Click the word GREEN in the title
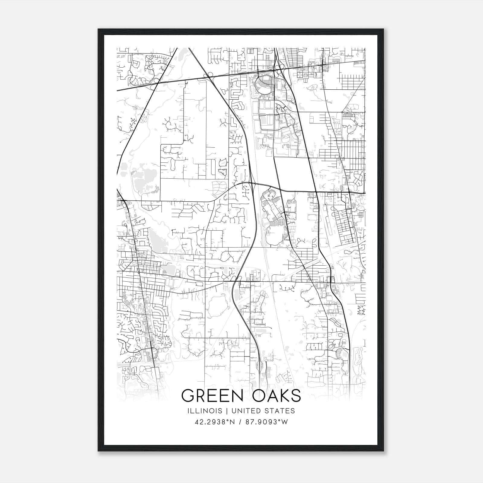click(x=209, y=396)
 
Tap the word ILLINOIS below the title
click(x=205, y=411)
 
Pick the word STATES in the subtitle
click(x=280, y=411)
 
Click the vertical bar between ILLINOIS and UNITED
click(x=225, y=411)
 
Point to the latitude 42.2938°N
click(x=215, y=422)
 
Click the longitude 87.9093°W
click(x=267, y=422)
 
